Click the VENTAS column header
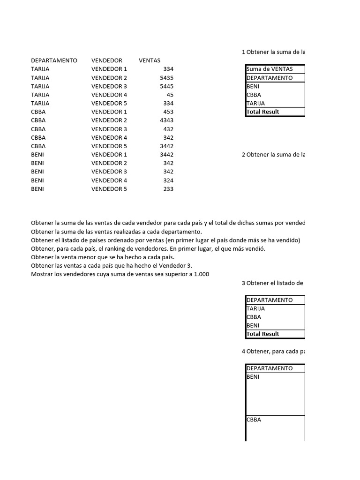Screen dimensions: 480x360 pos(150,60)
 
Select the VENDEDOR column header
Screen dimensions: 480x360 pos(106,60)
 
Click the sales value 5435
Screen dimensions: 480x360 pos(166,78)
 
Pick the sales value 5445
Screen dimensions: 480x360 pos(166,86)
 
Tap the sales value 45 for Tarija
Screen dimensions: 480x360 pos(170,95)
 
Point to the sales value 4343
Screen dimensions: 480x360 pos(166,120)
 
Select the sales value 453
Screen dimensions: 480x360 pos(168,112)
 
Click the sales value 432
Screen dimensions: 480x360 pos(168,129)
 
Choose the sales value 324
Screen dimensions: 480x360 pos(168,180)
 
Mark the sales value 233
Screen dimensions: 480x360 pos(168,189)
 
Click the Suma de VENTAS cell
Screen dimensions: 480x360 pos(270,69)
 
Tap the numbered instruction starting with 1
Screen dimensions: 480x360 pos(273,52)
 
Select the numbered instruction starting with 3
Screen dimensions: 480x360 pos(272,283)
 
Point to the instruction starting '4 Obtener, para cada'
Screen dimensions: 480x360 pos(273,351)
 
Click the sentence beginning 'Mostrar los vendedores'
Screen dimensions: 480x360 pos(120,274)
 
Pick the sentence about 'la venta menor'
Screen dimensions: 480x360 pos(103,257)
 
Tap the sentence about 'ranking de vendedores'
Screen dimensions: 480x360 pos(148,249)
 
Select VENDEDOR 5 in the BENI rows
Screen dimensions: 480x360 pos(109,189)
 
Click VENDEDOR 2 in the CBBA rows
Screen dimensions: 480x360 pos(109,120)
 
